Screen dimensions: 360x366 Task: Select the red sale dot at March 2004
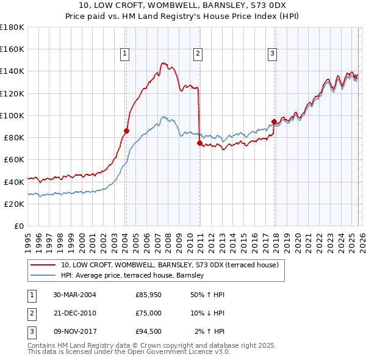pos(126,131)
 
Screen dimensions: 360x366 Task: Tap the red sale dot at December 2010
pos(199,143)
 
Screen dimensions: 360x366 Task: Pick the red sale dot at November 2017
pos(274,121)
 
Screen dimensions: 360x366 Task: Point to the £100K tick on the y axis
pos(12,115)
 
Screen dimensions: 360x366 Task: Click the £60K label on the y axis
pos(13,159)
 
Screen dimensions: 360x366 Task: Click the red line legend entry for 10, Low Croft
pos(170,265)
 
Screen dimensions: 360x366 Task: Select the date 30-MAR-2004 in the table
pos(74,295)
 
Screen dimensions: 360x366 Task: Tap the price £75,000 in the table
pos(149,313)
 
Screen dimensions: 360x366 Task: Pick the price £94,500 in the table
pos(149,331)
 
